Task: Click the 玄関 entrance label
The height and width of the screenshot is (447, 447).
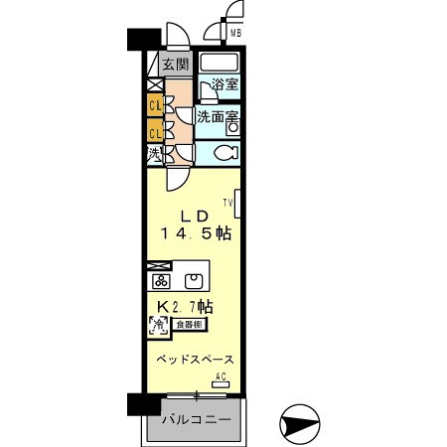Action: (177, 66)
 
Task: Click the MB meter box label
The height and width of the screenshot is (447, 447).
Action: (236, 34)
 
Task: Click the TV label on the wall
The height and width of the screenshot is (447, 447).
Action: (227, 203)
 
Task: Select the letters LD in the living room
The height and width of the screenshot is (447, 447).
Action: (193, 217)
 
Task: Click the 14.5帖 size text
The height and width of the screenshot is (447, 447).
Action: (196, 234)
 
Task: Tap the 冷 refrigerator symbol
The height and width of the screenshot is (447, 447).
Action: (156, 324)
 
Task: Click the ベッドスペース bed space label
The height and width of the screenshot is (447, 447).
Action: (194, 359)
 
